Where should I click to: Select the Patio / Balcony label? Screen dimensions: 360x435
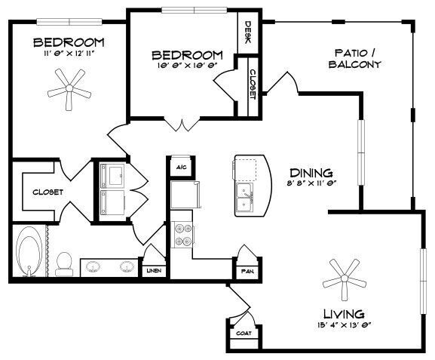[354, 58]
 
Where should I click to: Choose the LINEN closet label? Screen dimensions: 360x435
[153, 269]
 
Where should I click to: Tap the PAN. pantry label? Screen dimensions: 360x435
[247, 269]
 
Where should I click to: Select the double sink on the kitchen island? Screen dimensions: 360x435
[247, 198]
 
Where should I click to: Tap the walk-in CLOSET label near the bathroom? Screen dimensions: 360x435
[47, 192]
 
